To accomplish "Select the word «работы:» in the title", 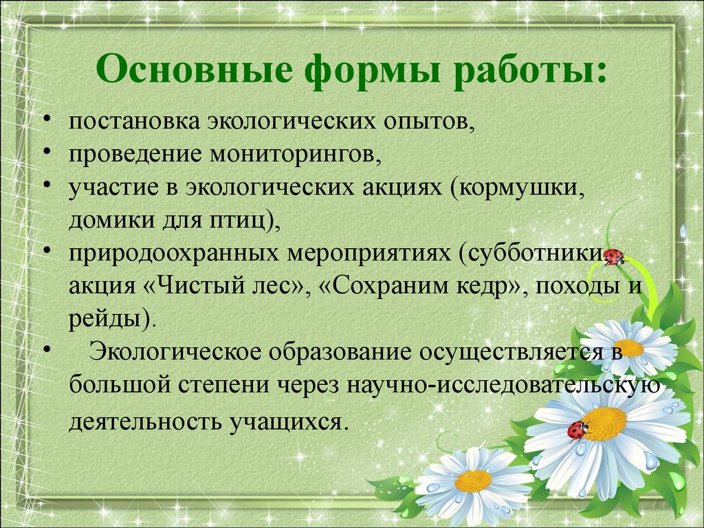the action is (530, 71).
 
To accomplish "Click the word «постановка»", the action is (135, 121).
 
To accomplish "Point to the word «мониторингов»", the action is (296, 155).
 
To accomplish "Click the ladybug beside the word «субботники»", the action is (614, 257).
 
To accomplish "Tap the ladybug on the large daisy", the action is (577, 430).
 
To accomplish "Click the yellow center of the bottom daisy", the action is (473, 481).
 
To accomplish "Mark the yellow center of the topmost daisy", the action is (629, 348).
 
